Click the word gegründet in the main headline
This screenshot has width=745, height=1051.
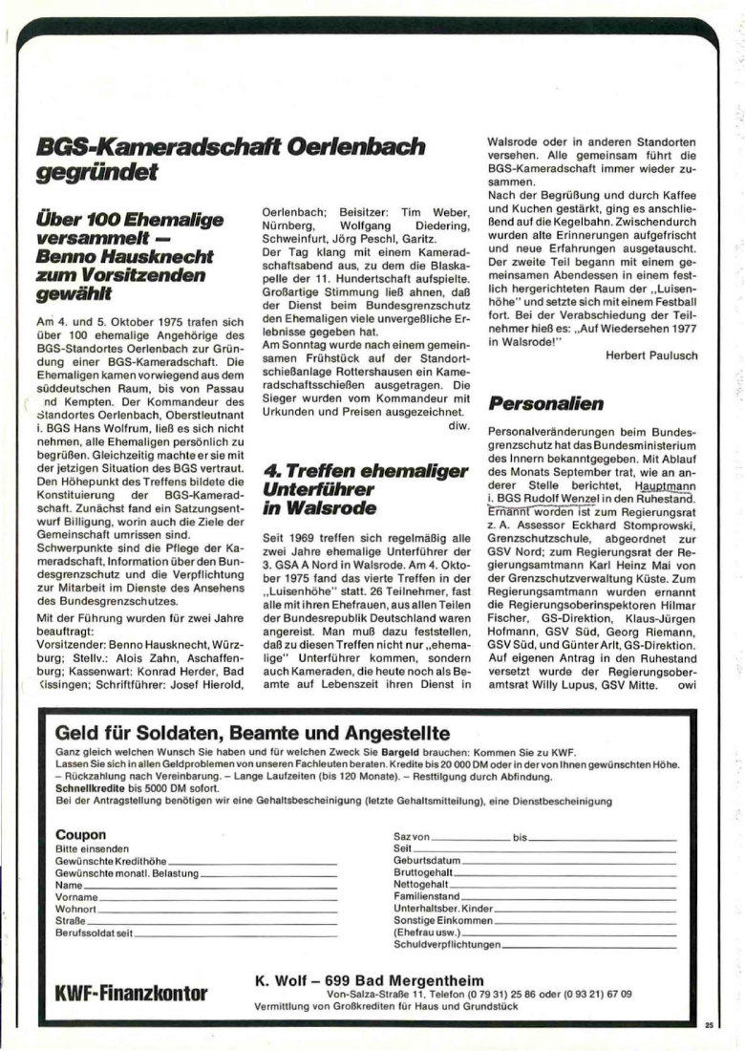(x=95, y=173)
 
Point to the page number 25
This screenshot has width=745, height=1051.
(x=708, y=1024)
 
